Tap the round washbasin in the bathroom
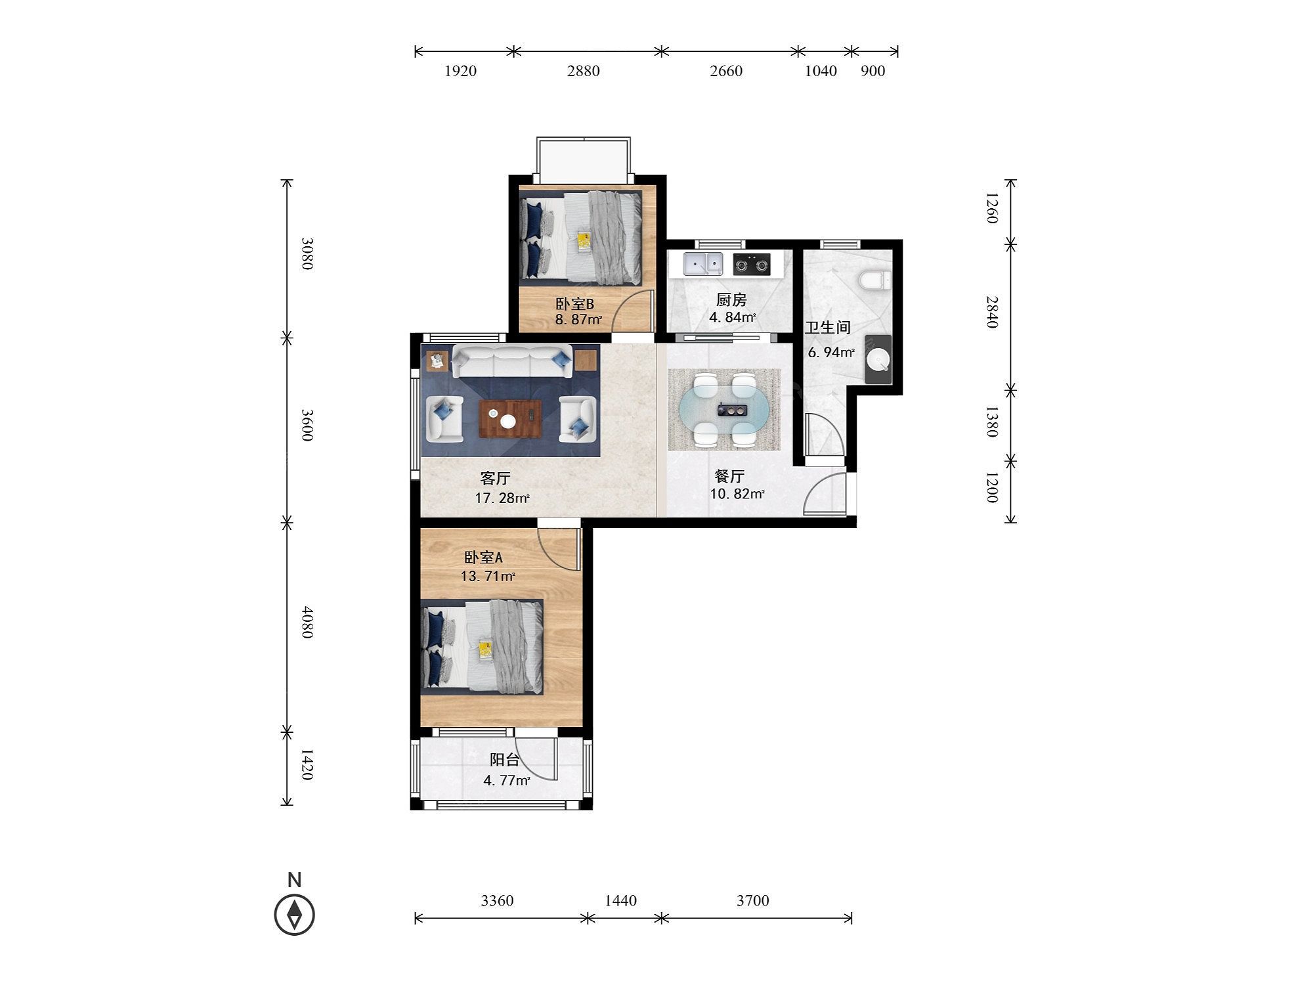point(878,360)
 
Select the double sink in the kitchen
point(702,264)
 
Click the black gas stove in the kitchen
point(752,265)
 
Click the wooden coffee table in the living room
point(510,419)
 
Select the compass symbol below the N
point(295,914)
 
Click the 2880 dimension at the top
point(583,71)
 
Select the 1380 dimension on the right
point(991,422)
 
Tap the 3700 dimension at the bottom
point(752,900)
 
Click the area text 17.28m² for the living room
point(502,498)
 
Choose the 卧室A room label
point(483,558)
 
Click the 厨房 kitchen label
point(731,300)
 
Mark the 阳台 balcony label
point(505,760)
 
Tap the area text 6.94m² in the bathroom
point(831,353)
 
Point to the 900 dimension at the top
point(872,71)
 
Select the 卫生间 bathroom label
point(828,327)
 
